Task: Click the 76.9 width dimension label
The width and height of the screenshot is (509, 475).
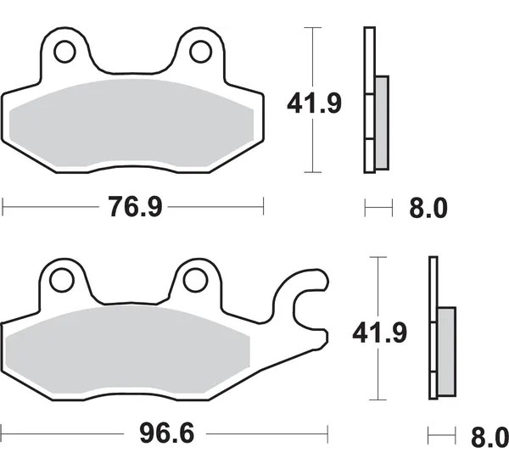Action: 135,207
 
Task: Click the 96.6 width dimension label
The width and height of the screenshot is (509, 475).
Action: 167,433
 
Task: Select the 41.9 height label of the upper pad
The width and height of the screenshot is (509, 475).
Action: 314,103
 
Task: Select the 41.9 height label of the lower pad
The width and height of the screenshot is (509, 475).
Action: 379,332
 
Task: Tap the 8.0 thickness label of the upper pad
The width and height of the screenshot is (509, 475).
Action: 428,208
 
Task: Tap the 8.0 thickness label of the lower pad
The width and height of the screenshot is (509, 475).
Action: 489,437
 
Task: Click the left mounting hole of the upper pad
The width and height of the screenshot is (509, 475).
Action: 65,52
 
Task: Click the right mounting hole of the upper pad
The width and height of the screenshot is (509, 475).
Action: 200,52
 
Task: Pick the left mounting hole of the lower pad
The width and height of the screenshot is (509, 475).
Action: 62,280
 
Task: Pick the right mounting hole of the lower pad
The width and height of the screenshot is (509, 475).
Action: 195,280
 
